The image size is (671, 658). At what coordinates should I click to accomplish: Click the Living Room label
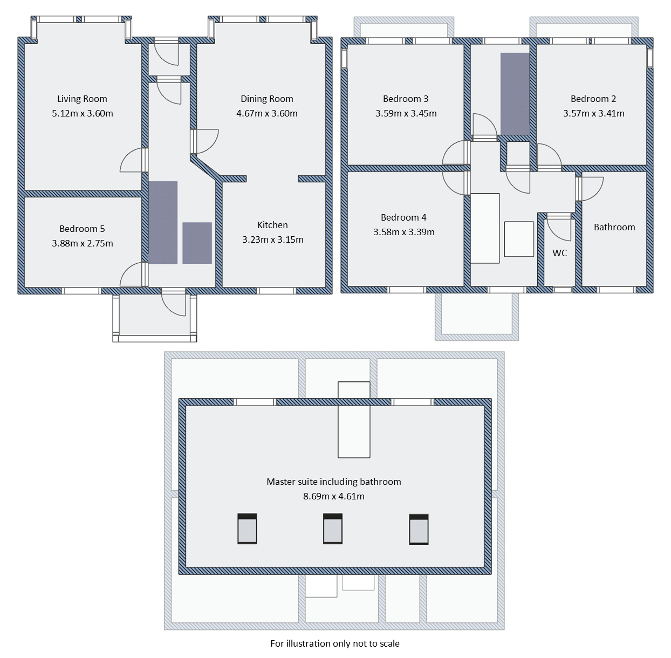pyautogui.click(x=82, y=99)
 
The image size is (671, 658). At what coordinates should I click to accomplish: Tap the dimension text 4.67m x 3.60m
pyautogui.click(x=266, y=113)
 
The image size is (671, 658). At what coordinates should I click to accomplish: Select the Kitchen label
pyautogui.click(x=272, y=225)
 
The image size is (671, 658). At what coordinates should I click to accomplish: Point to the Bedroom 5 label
pyautogui.click(x=82, y=229)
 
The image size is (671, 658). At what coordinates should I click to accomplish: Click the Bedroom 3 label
pyautogui.click(x=406, y=99)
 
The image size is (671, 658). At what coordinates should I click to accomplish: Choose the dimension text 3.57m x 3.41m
pyautogui.click(x=593, y=113)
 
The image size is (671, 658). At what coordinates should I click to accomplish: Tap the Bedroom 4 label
pyautogui.click(x=403, y=217)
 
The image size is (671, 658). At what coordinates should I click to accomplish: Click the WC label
pyautogui.click(x=559, y=253)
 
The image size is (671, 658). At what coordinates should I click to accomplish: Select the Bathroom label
pyautogui.click(x=614, y=227)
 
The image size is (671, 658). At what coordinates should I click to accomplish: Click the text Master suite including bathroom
pyautogui.click(x=334, y=482)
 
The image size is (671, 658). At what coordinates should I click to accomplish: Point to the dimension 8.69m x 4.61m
pyautogui.click(x=334, y=496)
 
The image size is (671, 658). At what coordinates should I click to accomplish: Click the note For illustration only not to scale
pyautogui.click(x=335, y=643)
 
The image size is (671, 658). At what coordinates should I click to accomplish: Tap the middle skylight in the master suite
pyautogui.click(x=333, y=529)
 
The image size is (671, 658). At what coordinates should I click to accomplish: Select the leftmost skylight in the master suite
pyautogui.click(x=247, y=529)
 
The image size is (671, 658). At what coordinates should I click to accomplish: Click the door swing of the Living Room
pyautogui.click(x=133, y=161)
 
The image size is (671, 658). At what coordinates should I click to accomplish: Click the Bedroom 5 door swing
pyautogui.click(x=133, y=275)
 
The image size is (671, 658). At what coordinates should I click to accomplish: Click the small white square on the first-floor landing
pyautogui.click(x=519, y=239)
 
